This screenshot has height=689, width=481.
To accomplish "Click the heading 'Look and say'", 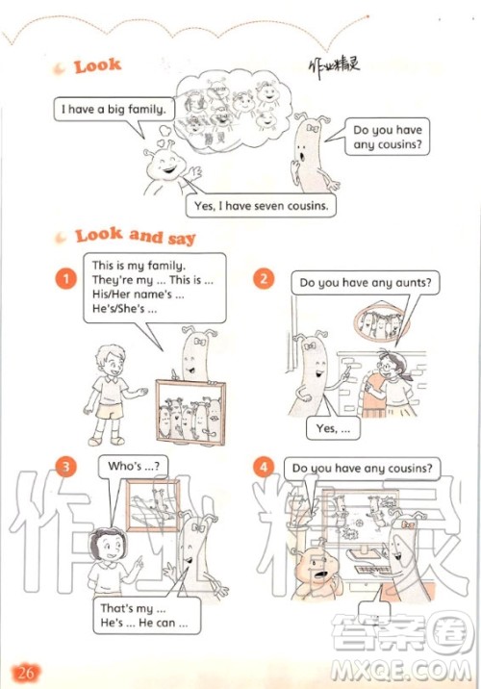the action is [136, 236].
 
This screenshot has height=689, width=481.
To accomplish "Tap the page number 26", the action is [25, 673].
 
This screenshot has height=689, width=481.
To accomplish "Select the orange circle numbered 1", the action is [66, 279].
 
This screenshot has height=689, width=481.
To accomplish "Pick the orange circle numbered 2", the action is [264, 279].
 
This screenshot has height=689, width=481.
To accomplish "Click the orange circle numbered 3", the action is [66, 467].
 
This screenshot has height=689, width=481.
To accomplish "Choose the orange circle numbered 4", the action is [264, 467].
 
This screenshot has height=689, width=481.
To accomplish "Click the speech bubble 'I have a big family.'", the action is [114, 109].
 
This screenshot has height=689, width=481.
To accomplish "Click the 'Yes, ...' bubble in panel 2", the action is [333, 428].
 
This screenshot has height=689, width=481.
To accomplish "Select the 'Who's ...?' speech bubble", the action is [133, 466].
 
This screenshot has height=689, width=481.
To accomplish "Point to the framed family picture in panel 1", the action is [191, 412].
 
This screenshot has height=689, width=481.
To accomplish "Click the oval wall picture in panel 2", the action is [380, 323].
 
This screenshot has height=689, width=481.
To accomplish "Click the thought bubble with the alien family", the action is [233, 115].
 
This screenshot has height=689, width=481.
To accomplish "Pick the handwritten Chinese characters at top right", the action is [334, 68].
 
